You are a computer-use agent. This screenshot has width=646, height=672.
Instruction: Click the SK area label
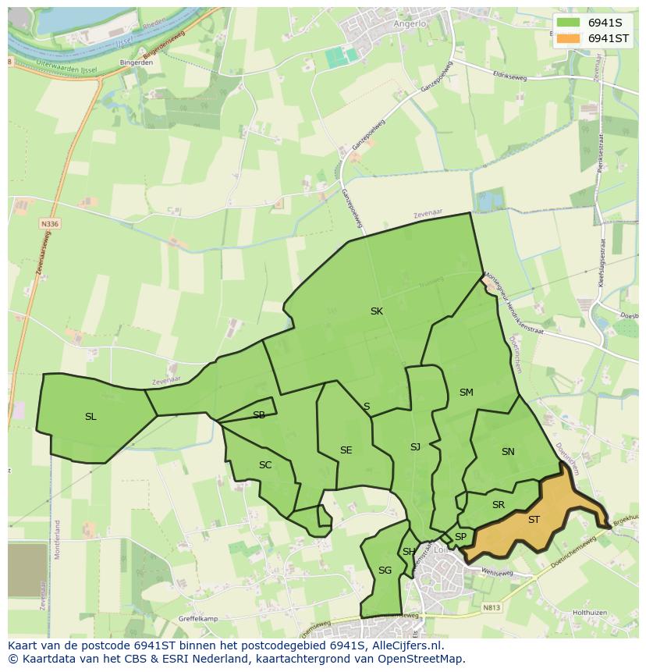pyautogui.click(x=377, y=311)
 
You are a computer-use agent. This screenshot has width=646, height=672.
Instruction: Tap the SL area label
pyautogui.click(x=91, y=417)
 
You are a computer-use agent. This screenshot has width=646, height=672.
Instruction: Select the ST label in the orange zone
pyautogui.click(x=534, y=520)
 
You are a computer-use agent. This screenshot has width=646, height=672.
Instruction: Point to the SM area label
pyautogui.click(x=466, y=393)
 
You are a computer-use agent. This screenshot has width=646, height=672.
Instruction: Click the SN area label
pyautogui.click(x=508, y=452)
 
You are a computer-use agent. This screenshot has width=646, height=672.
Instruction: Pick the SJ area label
pyautogui.click(x=415, y=447)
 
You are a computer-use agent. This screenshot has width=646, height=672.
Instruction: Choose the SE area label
pyautogui.click(x=346, y=450)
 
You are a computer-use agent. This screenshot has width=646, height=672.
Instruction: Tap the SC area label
pyautogui.click(x=265, y=465)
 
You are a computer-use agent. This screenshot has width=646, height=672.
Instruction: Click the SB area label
pyautogui.click(x=259, y=415)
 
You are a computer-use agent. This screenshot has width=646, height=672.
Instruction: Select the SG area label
pyautogui.click(x=385, y=571)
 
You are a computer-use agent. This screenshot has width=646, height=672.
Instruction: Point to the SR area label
pyautogui.click(x=499, y=506)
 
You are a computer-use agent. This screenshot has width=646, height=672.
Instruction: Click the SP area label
pyautogui.click(x=460, y=537)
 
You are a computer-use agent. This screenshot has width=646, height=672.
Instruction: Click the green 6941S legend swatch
pyautogui.click(x=569, y=23)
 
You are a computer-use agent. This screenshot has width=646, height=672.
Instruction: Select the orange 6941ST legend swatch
pyautogui.click(x=569, y=38)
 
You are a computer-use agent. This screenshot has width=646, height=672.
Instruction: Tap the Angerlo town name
pyautogui.click(x=410, y=24)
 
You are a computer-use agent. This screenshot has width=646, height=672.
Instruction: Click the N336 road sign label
pyautogui.click(x=49, y=224)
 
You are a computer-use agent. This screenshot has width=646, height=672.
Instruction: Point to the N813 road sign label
pyautogui.click(x=491, y=607)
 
